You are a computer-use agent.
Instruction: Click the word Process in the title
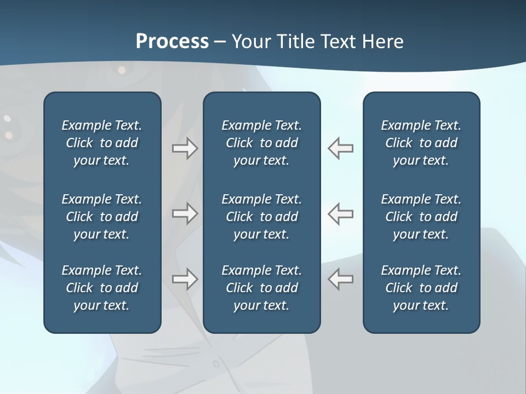[172, 42]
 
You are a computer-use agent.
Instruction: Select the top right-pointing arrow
[185, 148]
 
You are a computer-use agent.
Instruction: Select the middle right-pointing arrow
[185, 213]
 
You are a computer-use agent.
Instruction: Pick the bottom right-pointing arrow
[185, 279]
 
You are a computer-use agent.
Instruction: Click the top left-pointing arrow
[341, 148]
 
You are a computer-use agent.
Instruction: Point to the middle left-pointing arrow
[341, 213]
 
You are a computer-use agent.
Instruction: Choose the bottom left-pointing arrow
[341, 279]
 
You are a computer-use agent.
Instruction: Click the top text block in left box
[102, 143]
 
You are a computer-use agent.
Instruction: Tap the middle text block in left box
[102, 217]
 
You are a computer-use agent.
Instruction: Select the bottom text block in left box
[102, 288]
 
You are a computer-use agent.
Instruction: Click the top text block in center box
[261, 143]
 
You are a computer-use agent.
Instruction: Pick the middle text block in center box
[261, 217]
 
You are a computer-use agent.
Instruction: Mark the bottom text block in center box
[261, 288]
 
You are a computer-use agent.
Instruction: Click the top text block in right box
[421, 143]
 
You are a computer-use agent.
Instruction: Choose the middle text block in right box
[421, 217]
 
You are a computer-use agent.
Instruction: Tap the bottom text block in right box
[421, 288]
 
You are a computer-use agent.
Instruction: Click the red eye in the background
[122, 70]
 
